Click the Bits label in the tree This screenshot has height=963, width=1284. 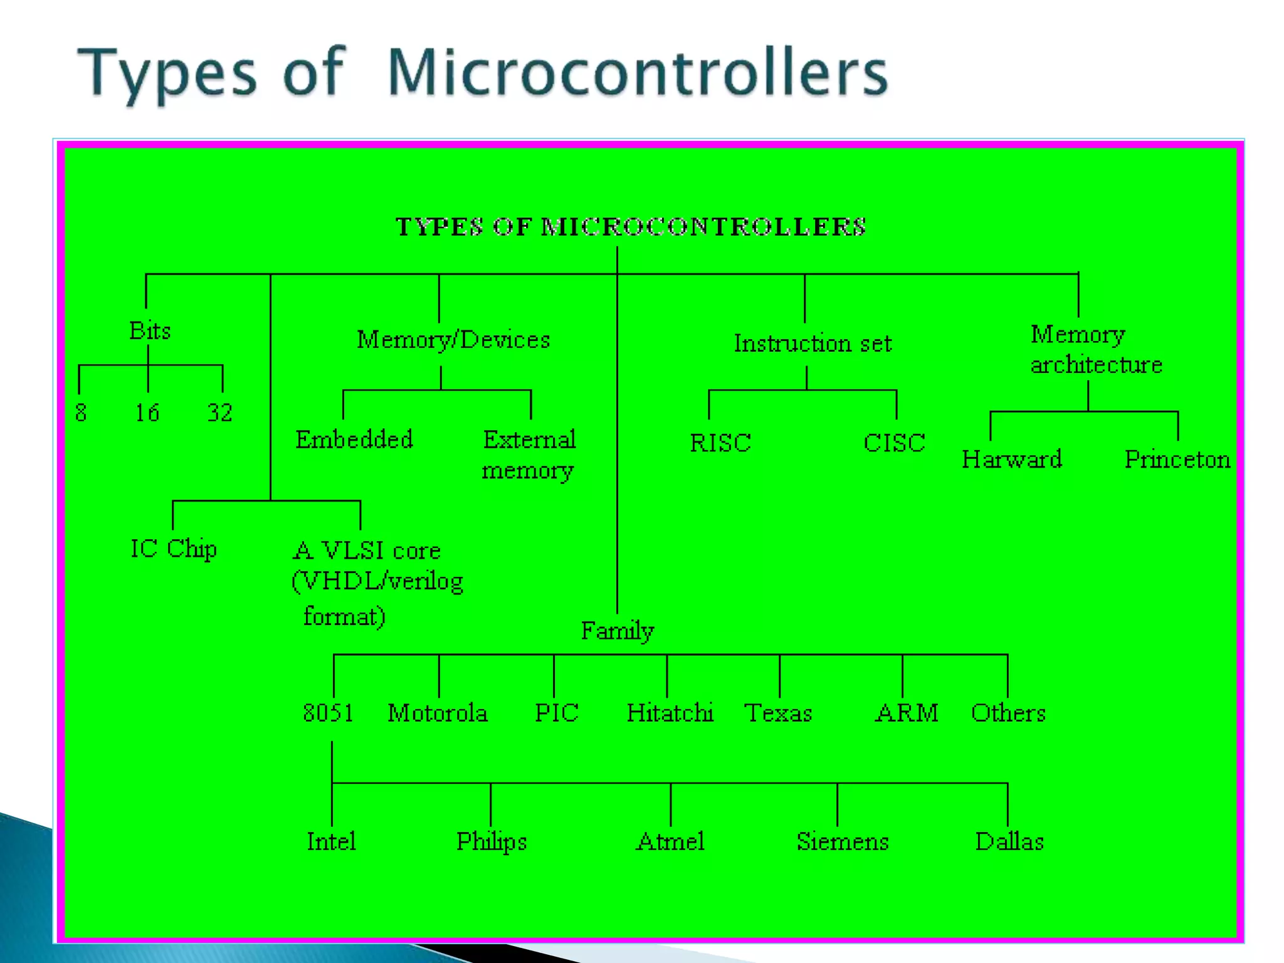[x=150, y=330]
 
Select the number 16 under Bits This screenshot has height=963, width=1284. [x=147, y=413]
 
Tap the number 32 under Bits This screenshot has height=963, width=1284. [x=220, y=413]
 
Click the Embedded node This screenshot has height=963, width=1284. [x=354, y=439]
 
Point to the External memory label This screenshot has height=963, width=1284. [x=529, y=455]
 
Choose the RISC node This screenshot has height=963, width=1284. [x=720, y=443]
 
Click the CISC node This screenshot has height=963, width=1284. [x=894, y=443]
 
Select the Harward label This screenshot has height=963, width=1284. [x=1012, y=460]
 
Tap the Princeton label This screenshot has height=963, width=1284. [x=1177, y=460]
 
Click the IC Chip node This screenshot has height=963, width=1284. [x=174, y=549]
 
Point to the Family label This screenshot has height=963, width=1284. [x=618, y=631]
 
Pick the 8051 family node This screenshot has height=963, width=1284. [x=328, y=713]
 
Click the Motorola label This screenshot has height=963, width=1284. [x=438, y=713]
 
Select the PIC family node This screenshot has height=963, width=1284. [x=557, y=713]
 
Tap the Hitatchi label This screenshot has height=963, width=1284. [x=670, y=713]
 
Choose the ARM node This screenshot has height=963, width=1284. [x=907, y=713]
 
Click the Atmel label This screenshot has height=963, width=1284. [x=670, y=841]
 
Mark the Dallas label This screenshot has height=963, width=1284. [x=1009, y=841]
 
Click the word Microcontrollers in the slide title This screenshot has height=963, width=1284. [x=638, y=73]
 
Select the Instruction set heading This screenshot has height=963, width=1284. [x=813, y=344]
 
